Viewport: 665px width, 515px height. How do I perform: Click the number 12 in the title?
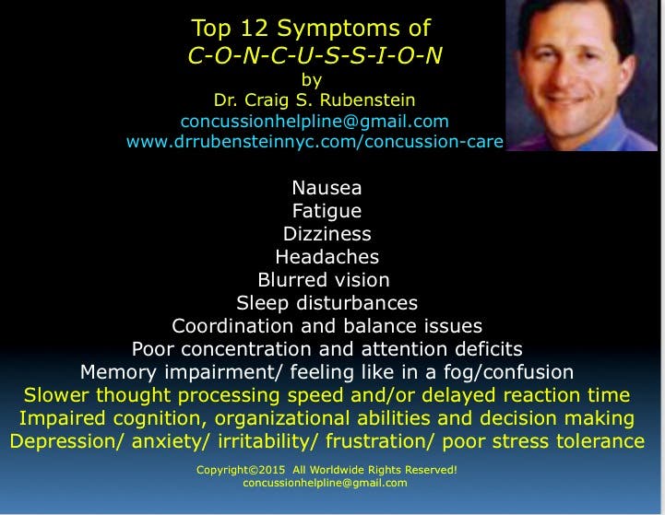[255, 29]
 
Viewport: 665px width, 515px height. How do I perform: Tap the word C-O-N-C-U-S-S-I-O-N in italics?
[315, 55]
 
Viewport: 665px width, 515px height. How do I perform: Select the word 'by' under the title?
[312, 80]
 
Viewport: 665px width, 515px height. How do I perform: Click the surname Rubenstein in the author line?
[367, 99]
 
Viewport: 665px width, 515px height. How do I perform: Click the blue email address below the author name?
[315, 121]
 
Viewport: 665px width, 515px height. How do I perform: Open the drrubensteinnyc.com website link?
[315, 142]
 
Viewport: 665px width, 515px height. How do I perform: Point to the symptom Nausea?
[327, 188]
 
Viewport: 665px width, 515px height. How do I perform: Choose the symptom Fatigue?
[327, 211]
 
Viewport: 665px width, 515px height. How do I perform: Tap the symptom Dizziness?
[327, 234]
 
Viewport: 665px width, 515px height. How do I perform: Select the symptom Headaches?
[327, 257]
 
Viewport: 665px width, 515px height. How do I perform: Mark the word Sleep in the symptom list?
[262, 304]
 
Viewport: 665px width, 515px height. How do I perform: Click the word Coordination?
[232, 326]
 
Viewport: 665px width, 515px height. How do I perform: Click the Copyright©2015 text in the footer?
[241, 470]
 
